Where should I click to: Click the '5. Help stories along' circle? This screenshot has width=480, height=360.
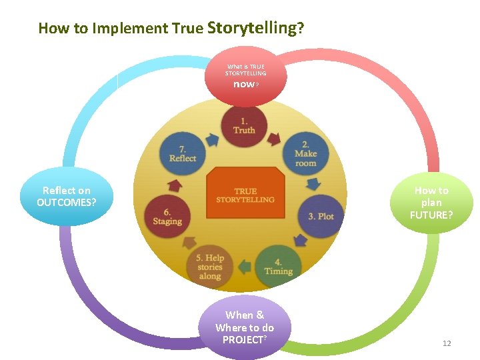coord(210,267)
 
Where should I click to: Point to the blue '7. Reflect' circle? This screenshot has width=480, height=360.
coord(183,153)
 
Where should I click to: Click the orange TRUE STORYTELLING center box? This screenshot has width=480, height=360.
coord(245,195)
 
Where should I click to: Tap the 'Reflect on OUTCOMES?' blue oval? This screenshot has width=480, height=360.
coord(67,197)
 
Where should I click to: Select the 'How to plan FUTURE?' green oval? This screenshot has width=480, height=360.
coord(431,203)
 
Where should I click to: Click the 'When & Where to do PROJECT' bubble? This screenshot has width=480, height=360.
coord(244,327)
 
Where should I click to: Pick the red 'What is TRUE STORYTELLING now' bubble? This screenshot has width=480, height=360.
coord(245,75)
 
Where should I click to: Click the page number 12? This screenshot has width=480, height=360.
coord(447,343)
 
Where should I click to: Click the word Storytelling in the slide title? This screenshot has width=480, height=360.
coord(252,27)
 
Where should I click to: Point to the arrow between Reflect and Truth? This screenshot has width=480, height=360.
coord(213,139)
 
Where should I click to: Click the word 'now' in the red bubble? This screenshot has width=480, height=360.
coord(243,85)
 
